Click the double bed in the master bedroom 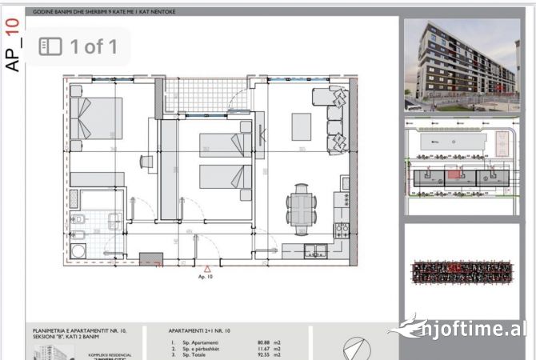96,118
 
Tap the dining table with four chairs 301,206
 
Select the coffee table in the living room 301,126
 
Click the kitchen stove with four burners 342,231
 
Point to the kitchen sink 320,249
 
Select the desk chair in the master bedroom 146,161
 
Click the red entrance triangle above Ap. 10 206,270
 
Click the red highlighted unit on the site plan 454,174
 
